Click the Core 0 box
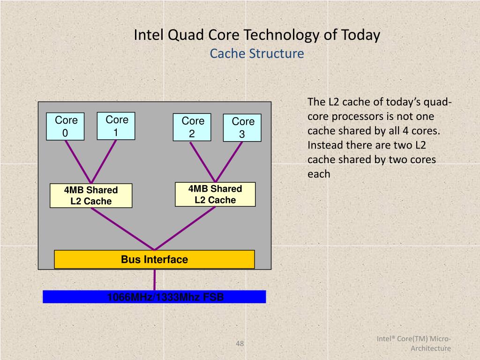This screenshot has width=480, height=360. pyautogui.click(x=65, y=127)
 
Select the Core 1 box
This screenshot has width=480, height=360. pyautogui.click(x=116, y=126)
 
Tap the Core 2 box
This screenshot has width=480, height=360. pyautogui.click(x=192, y=127)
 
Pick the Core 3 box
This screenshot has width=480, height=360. pyautogui.click(x=242, y=127)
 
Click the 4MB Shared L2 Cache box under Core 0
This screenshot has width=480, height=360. pyautogui.click(x=91, y=195)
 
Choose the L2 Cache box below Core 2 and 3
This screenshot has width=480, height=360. pyautogui.click(x=215, y=195)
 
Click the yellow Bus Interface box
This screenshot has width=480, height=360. pyautogui.click(x=154, y=259)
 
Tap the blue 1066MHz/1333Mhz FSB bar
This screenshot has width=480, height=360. pyautogui.click(x=154, y=297)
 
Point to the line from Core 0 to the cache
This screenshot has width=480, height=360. pyautogui.click(x=77, y=161)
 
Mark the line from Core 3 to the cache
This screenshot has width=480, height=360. pyautogui.click(x=229, y=161)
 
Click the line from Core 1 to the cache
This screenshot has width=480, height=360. pyautogui.click(x=103, y=161)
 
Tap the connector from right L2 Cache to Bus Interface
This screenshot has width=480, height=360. pyautogui.click(x=185, y=229)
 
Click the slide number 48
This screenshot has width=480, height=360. pyautogui.click(x=240, y=344)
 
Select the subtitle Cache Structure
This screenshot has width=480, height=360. pyautogui.click(x=257, y=53)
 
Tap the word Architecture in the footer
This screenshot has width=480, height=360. pyautogui.click(x=431, y=348)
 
